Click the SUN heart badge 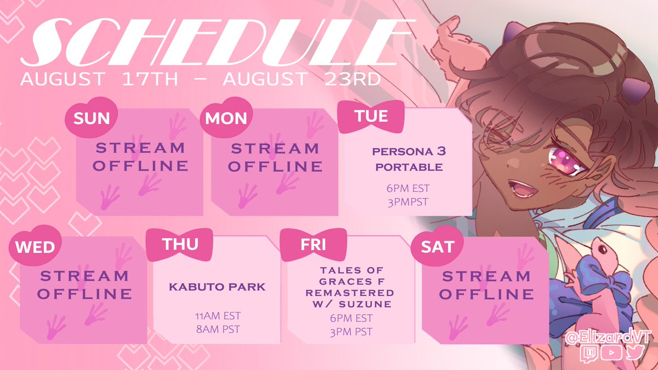92,117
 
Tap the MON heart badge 226,117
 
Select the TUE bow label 371,116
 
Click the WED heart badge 35,246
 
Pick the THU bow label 179,244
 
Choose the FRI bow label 314,244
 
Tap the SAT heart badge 437,246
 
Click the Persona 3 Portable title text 409,159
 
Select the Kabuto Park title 217,287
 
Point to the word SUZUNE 365,304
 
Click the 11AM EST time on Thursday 218,316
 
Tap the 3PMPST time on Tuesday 408,202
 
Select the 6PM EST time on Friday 351,318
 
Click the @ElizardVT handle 608,338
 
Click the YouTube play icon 611,352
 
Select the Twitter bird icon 636,352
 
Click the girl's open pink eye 565,161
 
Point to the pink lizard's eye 603,250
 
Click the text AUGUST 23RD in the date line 302,79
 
